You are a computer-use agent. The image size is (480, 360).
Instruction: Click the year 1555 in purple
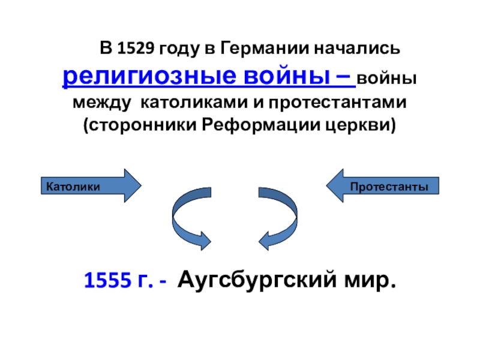coord(106,280)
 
